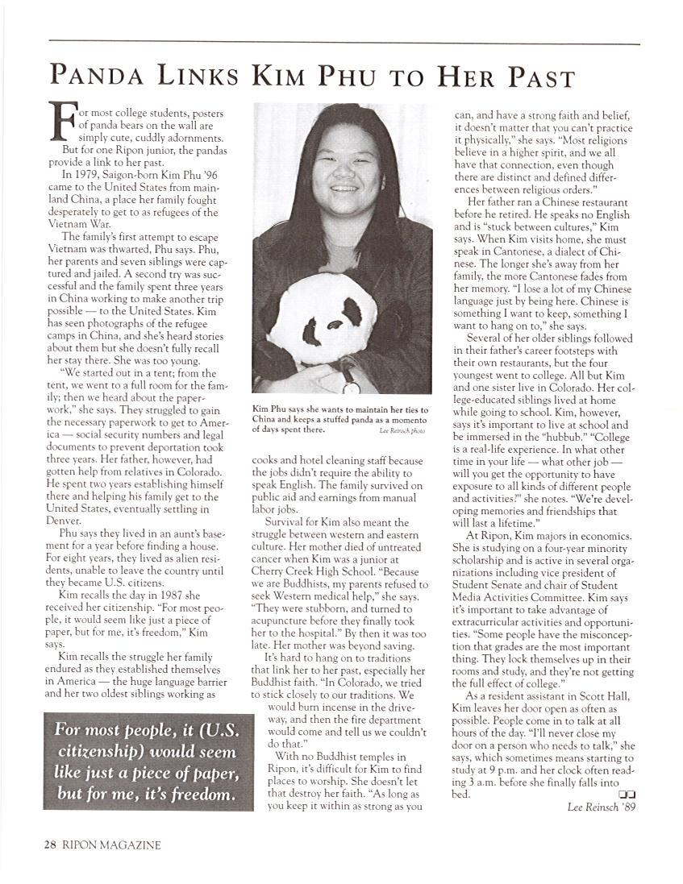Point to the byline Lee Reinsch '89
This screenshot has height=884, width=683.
tap(601, 807)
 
